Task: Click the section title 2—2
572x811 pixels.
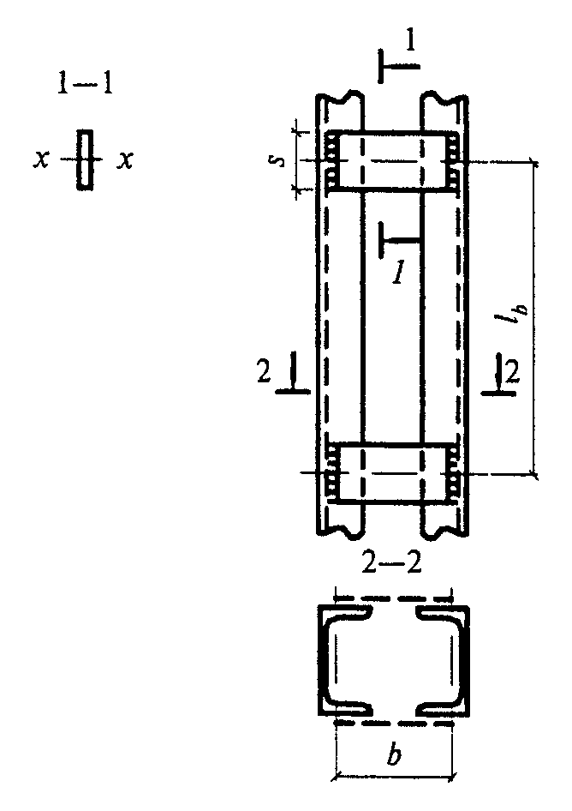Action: coord(391,564)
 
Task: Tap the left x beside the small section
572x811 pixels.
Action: coord(40,160)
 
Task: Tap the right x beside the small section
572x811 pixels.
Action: coord(124,160)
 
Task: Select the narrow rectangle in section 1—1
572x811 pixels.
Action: coord(86,159)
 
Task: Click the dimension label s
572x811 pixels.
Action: coord(277,160)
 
